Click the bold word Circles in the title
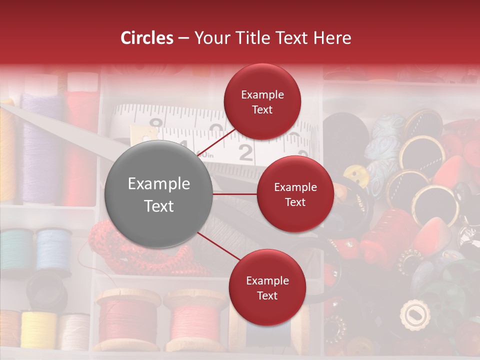point(147,38)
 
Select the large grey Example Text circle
point(159,194)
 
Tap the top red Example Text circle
point(262,101)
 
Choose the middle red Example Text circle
point(295,194)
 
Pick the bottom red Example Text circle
point(267,287)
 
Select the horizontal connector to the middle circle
point(234,193)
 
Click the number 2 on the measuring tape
point(245,152)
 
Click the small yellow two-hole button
point(357,173)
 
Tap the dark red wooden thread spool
point(127,320)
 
